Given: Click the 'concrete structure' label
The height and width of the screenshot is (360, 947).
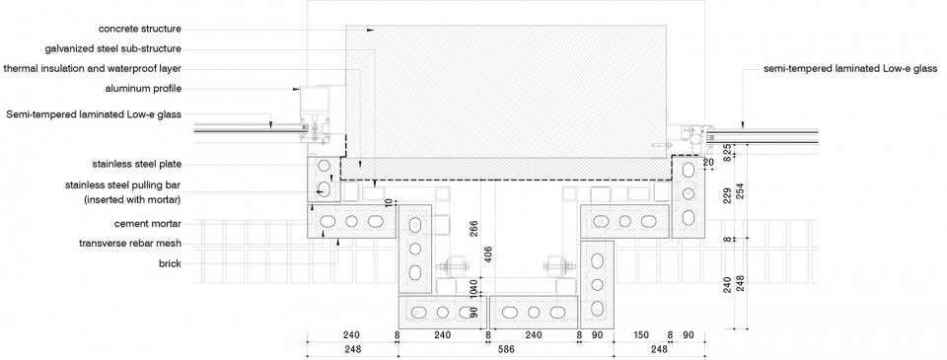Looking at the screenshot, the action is click(x=140, y=29).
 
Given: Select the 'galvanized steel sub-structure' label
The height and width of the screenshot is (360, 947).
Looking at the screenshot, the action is click(x=112, y=49).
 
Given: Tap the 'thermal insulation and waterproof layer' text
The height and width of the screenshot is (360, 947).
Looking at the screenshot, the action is click(x=93, y=69).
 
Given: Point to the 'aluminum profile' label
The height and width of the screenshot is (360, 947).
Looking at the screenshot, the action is click(x=143, y=89).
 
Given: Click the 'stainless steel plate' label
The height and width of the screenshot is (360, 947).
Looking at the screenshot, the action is click(x=137, y=164).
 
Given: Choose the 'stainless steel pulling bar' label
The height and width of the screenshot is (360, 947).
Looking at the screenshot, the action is click(x=123, y=185).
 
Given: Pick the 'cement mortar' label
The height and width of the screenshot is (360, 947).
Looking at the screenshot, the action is click(x=148, y=224).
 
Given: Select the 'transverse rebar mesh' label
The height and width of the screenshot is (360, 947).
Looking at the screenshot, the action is click(x=130, y=244).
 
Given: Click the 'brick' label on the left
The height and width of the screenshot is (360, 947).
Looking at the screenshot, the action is click(x=171, y=263).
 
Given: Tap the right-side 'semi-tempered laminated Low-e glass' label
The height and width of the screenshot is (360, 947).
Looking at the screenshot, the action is click(x=850, y=69).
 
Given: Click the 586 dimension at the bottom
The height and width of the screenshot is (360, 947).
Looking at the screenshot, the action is click(x=504, y=349).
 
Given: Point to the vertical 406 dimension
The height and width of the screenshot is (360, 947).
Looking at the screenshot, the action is click(x=488, y=256).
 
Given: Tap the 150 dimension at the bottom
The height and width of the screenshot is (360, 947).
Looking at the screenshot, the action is click(x=641, y=335).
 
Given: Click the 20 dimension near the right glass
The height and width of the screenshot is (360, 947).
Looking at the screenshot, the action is click(x=708, y=163).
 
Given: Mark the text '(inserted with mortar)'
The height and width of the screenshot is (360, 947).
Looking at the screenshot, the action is click(x=133, y=198).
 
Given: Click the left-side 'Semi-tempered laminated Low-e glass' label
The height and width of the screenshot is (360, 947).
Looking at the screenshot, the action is click(x=94, y=114).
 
